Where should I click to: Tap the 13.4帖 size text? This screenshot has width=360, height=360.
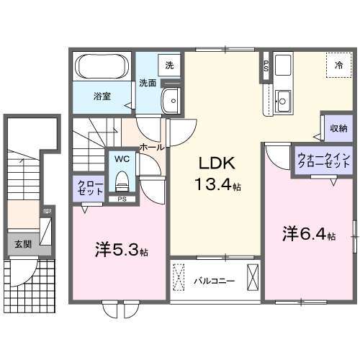pyautogui.click(x=216, y=185)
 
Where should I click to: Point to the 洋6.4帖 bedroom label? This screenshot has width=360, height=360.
pyautogui.click(x=308, y=234)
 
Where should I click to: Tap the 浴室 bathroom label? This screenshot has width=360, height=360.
pyautogui.click(x=101, y=95)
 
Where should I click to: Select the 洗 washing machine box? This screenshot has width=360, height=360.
pyautogui.click(x=168, y=65)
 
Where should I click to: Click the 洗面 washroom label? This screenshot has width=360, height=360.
pyautogui.click(x=148, y=83)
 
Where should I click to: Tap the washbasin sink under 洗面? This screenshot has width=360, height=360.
pyautogui.click(x=171, y=102)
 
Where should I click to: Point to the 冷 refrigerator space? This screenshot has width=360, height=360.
pyautogui.click(x=338, y=65)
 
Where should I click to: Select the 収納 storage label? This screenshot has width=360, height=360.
pyautogui.click(x=338, y=127)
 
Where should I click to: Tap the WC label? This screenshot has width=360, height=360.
pyautogui.click(x=120, y=158)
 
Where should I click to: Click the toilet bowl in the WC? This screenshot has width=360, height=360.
pyautogui.click(x=121, y=177)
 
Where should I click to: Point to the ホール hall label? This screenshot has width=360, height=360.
pyautogui.click(x=150, y=146)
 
